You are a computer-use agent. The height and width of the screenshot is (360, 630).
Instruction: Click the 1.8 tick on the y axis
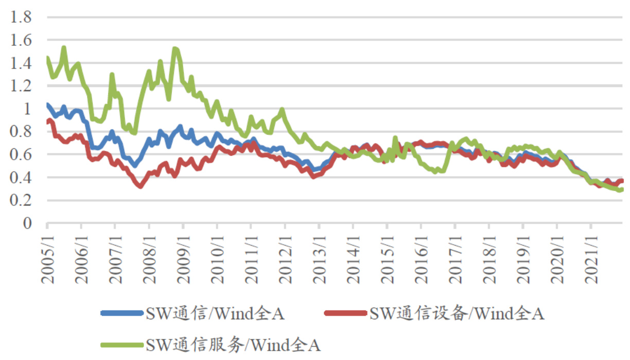click(x=22, y=18)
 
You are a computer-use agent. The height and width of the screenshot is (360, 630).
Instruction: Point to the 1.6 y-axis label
click(x=22, y=41)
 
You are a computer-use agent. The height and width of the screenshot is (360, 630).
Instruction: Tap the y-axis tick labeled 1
click(x=28, y=109)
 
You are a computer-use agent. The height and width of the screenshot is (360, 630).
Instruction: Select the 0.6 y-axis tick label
click(x=22, y=155)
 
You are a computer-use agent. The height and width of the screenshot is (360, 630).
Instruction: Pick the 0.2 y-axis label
click(x=22, y=201)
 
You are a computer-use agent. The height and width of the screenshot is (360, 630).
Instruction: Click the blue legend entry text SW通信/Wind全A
click(x=215, y=313)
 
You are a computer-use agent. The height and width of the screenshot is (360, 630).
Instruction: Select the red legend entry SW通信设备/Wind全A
click(x=457, y=313)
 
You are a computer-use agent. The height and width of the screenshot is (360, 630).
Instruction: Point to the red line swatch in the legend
click(x=346, y=313)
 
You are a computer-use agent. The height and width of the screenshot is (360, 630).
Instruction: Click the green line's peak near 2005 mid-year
click(x=64, y=48)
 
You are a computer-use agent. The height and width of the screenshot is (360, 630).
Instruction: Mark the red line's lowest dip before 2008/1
click(x=140, y=186)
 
